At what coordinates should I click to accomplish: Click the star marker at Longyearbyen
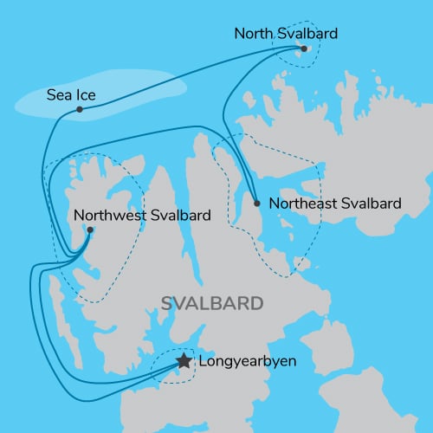pyautogui.click(x=184, y=361)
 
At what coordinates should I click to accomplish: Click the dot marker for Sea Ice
pyautogui.click(x=79, y=109)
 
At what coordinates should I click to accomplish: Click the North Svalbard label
pyautogui.click(x=286, y=34)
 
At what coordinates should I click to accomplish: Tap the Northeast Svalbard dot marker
pyautogui.click(x=256, y=204)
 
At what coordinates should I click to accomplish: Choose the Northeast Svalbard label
pyautogui.click(x=336, y=204)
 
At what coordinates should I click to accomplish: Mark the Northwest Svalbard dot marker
pyautogui.click(x=89, y=229)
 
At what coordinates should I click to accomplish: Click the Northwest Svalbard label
pyautogui.click(x=142, y=215)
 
